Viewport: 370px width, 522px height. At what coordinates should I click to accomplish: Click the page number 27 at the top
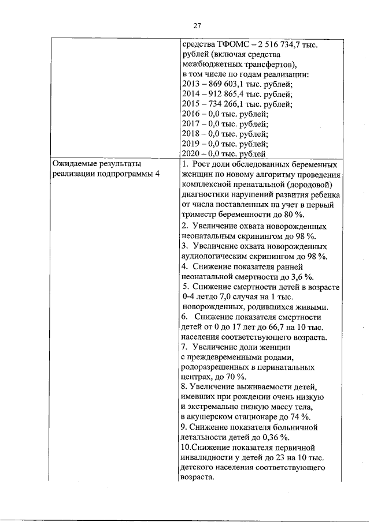pos(197,25)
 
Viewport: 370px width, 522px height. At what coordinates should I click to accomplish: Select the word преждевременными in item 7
pos(227,358)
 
